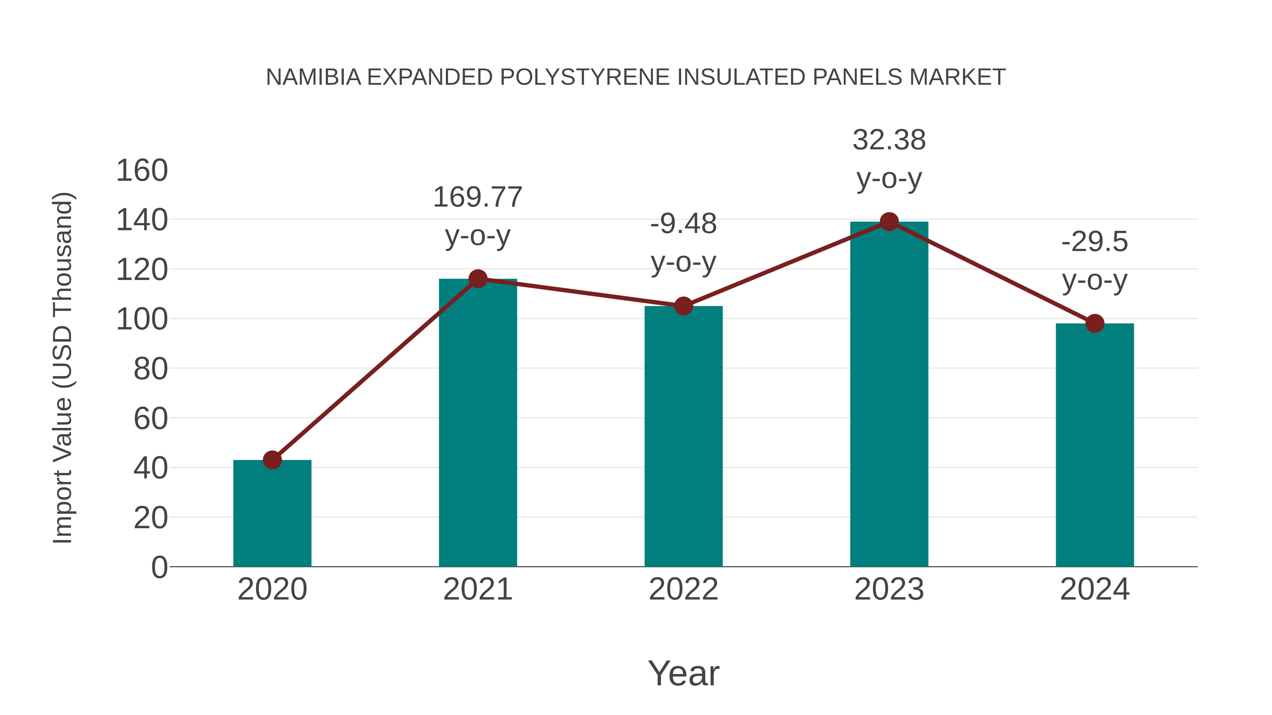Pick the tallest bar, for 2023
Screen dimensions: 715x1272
coord(889,394)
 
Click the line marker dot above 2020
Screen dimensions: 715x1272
coord(272,460)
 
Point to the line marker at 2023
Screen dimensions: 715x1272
coord(889,221)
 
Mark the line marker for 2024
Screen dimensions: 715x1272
coord(1095,324)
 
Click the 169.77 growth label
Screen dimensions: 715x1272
coord(477,197)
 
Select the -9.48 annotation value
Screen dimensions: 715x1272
coord(683,224)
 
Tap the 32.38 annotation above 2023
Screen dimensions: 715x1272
coord(889,140)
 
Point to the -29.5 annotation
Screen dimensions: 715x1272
coord(1095,242)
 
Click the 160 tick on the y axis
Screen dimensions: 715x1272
coord(142,171)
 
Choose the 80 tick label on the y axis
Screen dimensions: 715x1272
coord(151,369)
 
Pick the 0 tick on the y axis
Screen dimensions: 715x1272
coord(159,567)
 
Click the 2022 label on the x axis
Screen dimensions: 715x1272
coord(683,589)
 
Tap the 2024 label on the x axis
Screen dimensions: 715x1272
coord(1095,589)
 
